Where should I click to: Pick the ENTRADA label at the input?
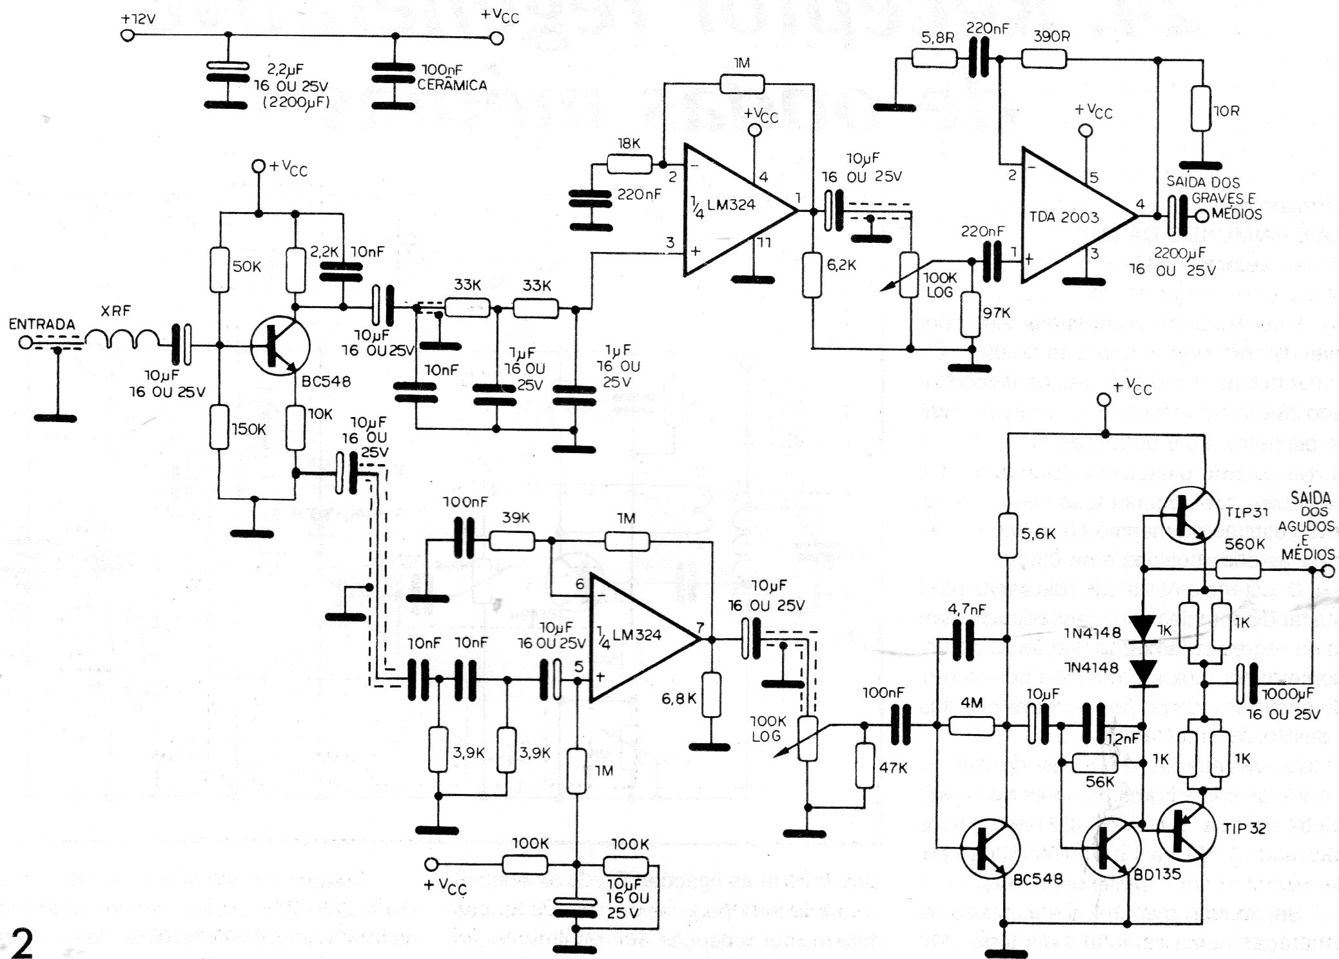point(42,324)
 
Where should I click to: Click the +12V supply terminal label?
point(138,19)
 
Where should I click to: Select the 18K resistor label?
point(628,144)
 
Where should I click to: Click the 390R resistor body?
point(1044,61)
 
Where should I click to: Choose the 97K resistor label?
point(997,313)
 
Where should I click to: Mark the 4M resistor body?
point(972,726)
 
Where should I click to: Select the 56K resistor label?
point(1100,782)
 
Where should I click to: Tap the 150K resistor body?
point(220,428)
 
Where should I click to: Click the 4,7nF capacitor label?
point(967,609)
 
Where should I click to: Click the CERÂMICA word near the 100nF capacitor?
point(452,85)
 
